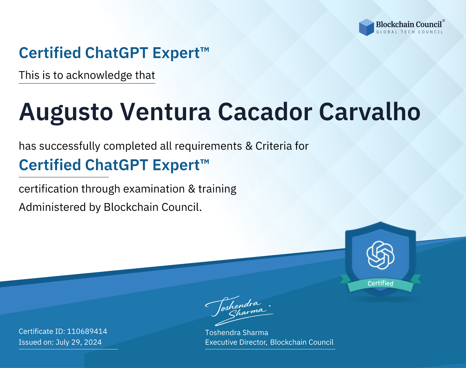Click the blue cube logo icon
(366, 27)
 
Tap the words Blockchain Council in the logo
(409, 25)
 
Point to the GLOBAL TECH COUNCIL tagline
(409, 32)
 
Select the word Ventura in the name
(165, 112)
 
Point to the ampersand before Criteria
(249, 146)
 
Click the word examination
(154, 189)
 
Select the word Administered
(53, 207)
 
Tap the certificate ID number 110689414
(87, 331)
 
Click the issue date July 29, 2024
(79, 342)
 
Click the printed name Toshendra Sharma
(236, 333)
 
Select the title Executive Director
(235, 342)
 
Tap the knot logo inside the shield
(381, 255)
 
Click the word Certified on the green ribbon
(381, 283)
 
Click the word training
(217, 189)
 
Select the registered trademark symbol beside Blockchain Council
(444, 21)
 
